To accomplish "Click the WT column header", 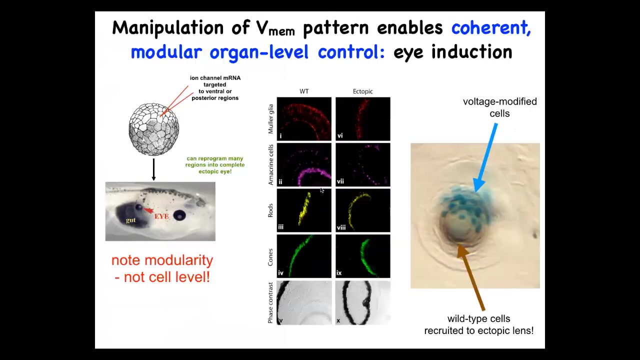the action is coord(304,91).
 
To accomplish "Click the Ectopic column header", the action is coord(362,91).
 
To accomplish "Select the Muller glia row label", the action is coord(270,119).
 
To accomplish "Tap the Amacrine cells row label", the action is coord(270,164).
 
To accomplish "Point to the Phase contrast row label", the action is coord(270,303).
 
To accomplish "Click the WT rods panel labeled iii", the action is coord(304,210).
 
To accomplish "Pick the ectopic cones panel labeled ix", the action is coord(363,256).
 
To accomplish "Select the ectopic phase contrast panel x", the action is coord(363,302).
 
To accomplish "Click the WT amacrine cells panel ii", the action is coord(304,164).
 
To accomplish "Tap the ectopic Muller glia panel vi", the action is coord(363,119).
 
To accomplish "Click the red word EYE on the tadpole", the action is coord(161,216).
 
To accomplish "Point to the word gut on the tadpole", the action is coord(131,220).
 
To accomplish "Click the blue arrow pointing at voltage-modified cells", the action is coord(485,157).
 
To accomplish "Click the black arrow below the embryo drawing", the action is coord(153,169).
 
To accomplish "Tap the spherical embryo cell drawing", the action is coord(153,129).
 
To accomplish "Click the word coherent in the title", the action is coord(491,27).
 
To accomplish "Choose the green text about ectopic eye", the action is coord(215,165).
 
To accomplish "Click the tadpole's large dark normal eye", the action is coord(179,215).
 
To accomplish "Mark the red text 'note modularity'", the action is coord(162,260).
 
